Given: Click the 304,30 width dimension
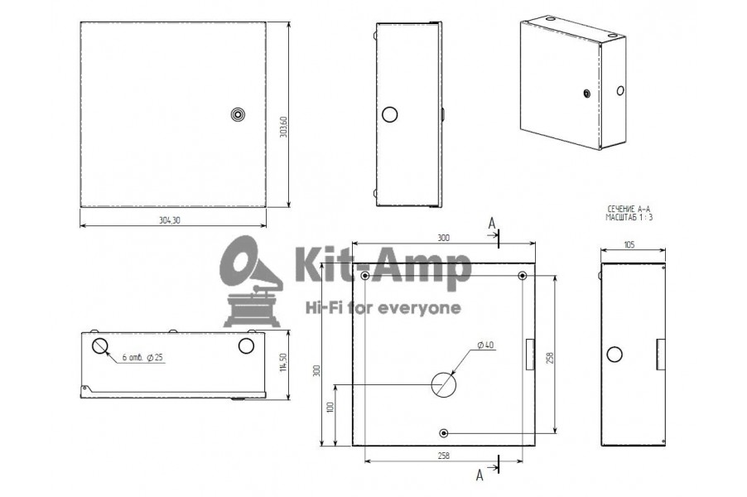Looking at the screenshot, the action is pyautogui.click(x=170, y=220).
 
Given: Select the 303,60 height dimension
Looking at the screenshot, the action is pyautogui.click(x=283, y=126).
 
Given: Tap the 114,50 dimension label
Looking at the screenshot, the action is pyautogui.click(x=283, y=362).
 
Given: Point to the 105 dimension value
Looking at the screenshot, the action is pyautogui.click(x=629, y=245).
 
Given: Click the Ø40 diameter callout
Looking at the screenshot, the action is pyautogui.click(x=485, y=345).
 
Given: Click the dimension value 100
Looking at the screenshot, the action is pyautogui.click(x=330, y=407).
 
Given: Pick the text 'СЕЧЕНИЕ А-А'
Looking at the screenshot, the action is pyautogui.click(x=629, y=210).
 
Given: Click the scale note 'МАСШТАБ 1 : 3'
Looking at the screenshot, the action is pyautogui.click(x=629, y=217).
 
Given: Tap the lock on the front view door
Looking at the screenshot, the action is pyautogui.click(x=237, y=114).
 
